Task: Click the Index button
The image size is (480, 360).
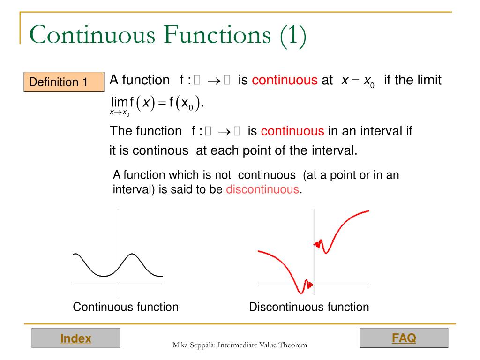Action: [75, 338]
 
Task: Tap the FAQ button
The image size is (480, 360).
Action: [404, 337]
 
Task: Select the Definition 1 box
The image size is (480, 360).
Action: [64, 82]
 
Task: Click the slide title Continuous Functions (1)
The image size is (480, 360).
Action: [168, 37]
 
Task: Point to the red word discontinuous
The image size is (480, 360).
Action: [262, 190]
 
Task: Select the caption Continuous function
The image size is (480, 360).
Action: [126, 307]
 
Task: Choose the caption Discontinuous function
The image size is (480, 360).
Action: [309, 307]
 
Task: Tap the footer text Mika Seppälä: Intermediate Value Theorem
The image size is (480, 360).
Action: [240, 345]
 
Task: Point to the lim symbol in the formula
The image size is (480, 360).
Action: [120, 102]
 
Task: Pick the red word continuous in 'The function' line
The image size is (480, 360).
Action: [292, 131]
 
